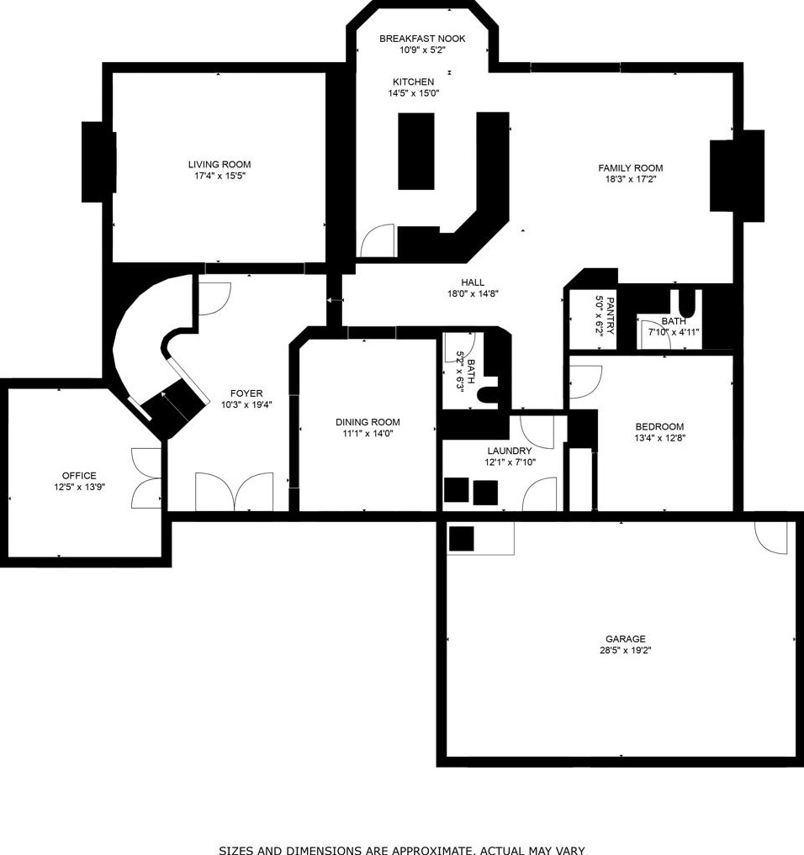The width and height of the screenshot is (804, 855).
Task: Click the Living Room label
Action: [219, 165]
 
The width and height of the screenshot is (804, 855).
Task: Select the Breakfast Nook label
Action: [421, 39]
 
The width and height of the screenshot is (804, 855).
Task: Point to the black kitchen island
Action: [415, 150]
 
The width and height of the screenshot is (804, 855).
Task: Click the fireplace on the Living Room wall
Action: [98, 161]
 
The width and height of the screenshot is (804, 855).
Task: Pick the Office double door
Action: [148, 478]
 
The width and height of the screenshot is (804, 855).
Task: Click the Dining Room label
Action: [368, 422]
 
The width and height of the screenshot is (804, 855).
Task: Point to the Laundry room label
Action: [509, 451]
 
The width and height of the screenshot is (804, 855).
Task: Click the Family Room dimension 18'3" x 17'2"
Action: [630, 179]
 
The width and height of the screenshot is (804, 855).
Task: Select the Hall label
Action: [473, 282]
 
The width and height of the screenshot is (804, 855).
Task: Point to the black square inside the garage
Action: [462, 538]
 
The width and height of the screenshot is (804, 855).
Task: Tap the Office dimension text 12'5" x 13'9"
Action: [79, 487]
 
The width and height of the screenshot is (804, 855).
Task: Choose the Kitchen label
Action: [413, 82]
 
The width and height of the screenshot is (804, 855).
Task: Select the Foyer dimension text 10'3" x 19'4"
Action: [246, 404]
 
